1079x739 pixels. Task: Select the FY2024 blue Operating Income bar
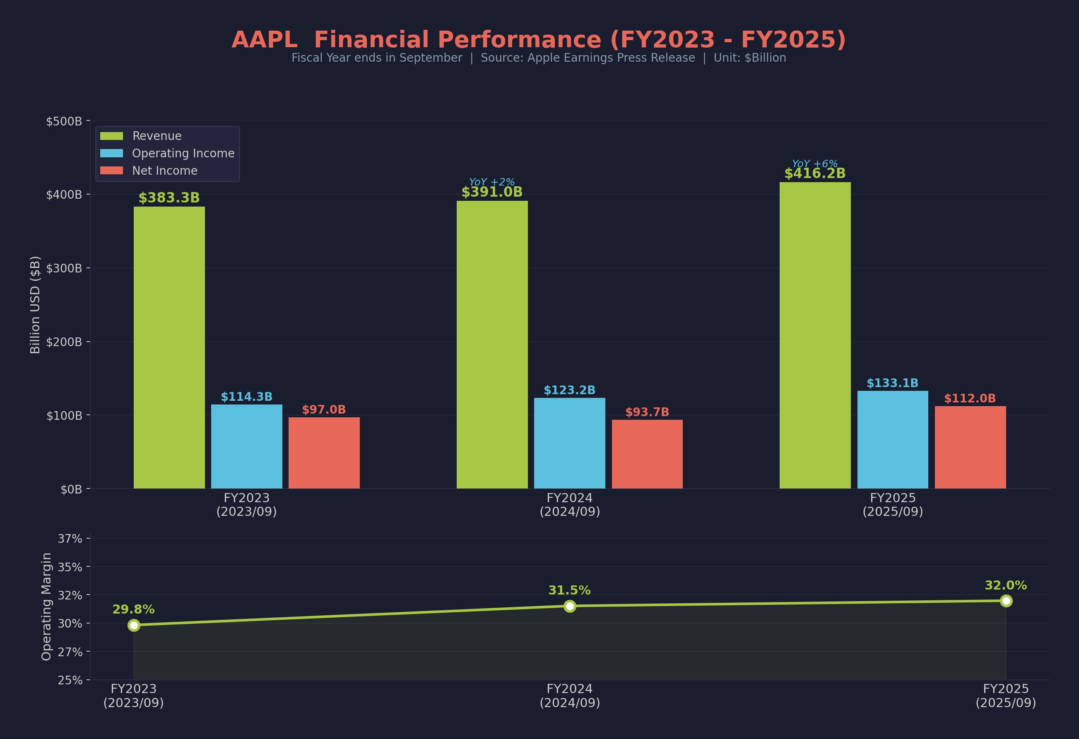pyautogui.click(x=569, y=443)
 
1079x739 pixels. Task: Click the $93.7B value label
pyautogui.click(x=647, y=412)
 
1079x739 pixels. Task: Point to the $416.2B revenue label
pyautogui.click(x=815, y=173)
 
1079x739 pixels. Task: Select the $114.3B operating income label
pyautogui.click(x=246, y=397)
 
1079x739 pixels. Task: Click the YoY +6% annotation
pyautogui.click(x=815, y=164)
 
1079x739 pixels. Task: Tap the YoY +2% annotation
pyautogui.click(x=492, y=182)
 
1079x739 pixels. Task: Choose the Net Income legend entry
pyautogui.click(x=164, y=171)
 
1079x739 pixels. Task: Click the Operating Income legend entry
pyautogui.click(x=183, y=153)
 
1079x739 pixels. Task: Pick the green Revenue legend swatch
pyautogui.click(x=111, y=136)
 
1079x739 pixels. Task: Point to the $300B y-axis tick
pyautogui.click(x=64, y=268)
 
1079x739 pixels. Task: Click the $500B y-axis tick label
pyautogui.click(x=64, y=121)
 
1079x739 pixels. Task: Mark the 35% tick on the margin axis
pyautogui.click(x=70, y=567)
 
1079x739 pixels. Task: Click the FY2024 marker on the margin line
pyautogui.click(x=570, y=606)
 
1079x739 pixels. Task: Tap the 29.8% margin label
pyautogui.click(x=133, y=609)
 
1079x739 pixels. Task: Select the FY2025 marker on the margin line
pyautogui.click(x=1006, y=601)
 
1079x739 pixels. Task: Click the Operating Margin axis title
pyautogui.click(x=46, y=606)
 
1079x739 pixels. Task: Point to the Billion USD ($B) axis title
pyautogui.click(x=35, y=305)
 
